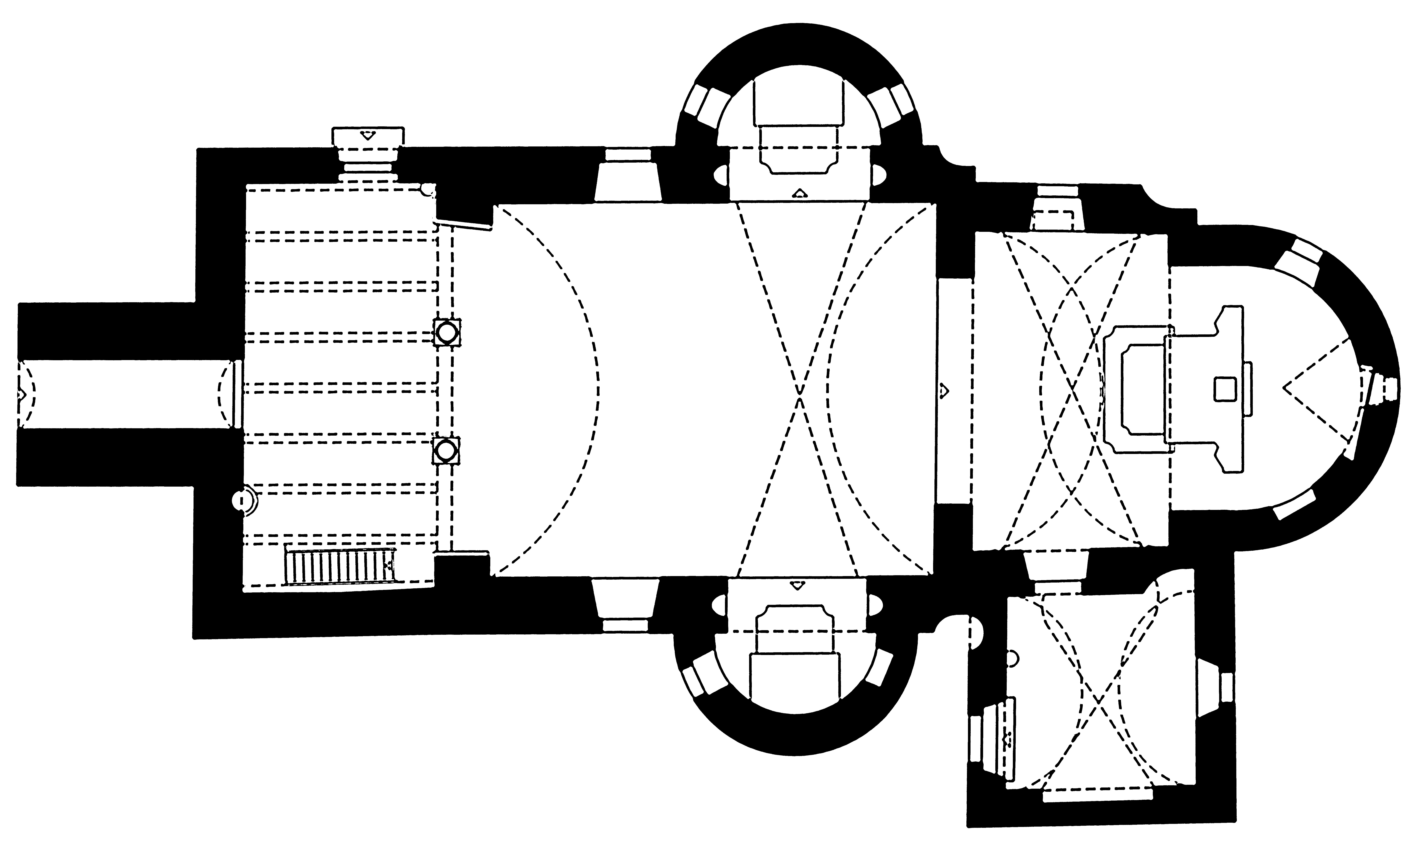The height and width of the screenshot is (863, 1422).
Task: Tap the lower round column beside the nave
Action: pyautogui.click(x=446, y=450)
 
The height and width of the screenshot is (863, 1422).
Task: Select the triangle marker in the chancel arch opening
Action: pyautogui.click(x=944, y=391)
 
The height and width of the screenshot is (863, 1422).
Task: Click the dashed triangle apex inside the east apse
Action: pyautogui.click(x=1284, y=388)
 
